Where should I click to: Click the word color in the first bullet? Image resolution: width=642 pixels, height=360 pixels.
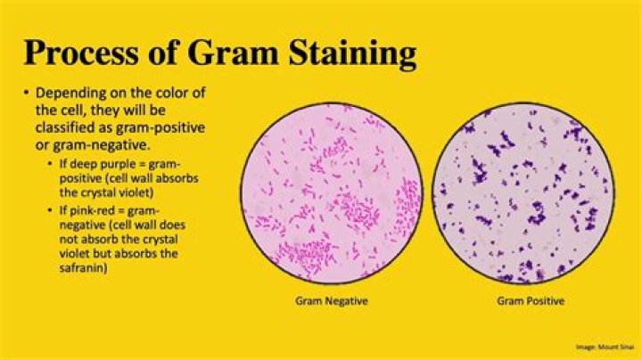(169, 94)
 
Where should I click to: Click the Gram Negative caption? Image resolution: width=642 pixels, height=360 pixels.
(331, 301)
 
